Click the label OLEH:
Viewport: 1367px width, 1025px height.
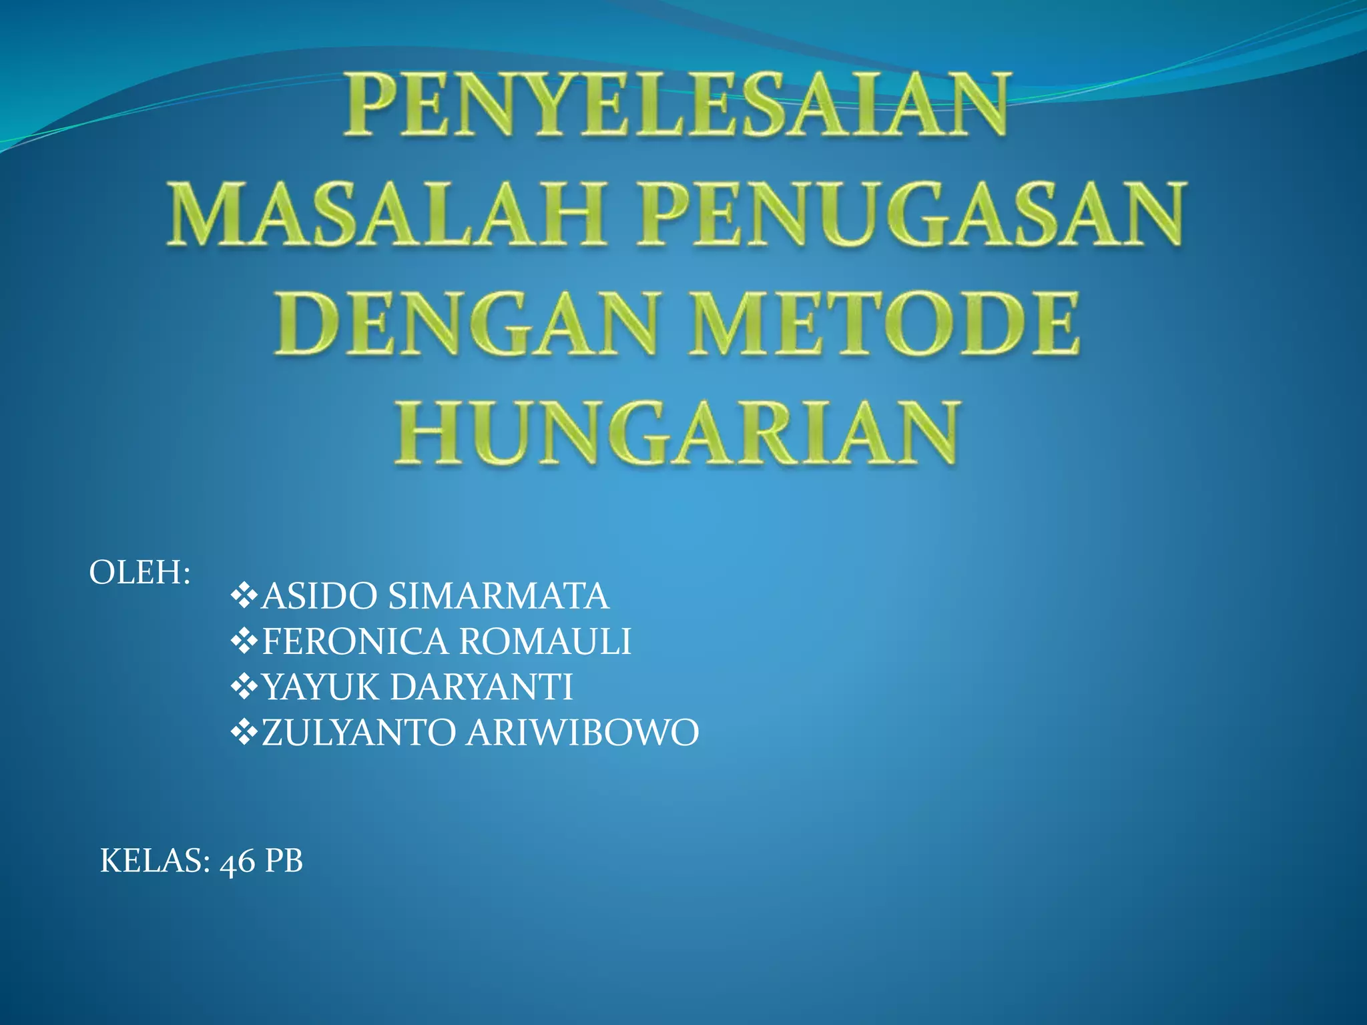[140, 573]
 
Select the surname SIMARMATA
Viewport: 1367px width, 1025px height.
[499, 596]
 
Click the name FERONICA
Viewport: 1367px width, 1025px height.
[355, 641]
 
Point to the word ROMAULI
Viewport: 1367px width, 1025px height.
[545, 641]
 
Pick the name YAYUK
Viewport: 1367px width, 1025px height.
[320, 687]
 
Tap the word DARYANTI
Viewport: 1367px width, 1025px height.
[481, 687]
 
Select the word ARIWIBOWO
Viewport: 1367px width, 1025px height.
[582, 732]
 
